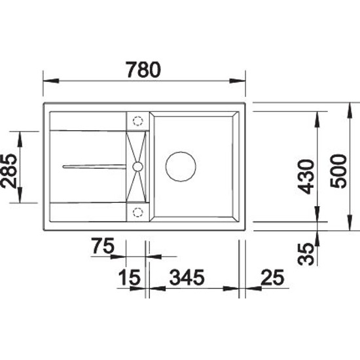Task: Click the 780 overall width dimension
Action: tap(143, 69)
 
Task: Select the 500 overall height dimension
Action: tap(338, 171)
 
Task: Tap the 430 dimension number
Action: tap(306, 177)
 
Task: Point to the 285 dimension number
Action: tap(9, 171)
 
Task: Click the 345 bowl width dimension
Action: tap(187, 278)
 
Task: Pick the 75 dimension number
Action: tap(103, 245)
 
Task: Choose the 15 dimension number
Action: tap(129, 278)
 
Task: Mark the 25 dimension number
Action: tap(272, 278)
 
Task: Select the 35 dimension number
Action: tap(306, 254)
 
